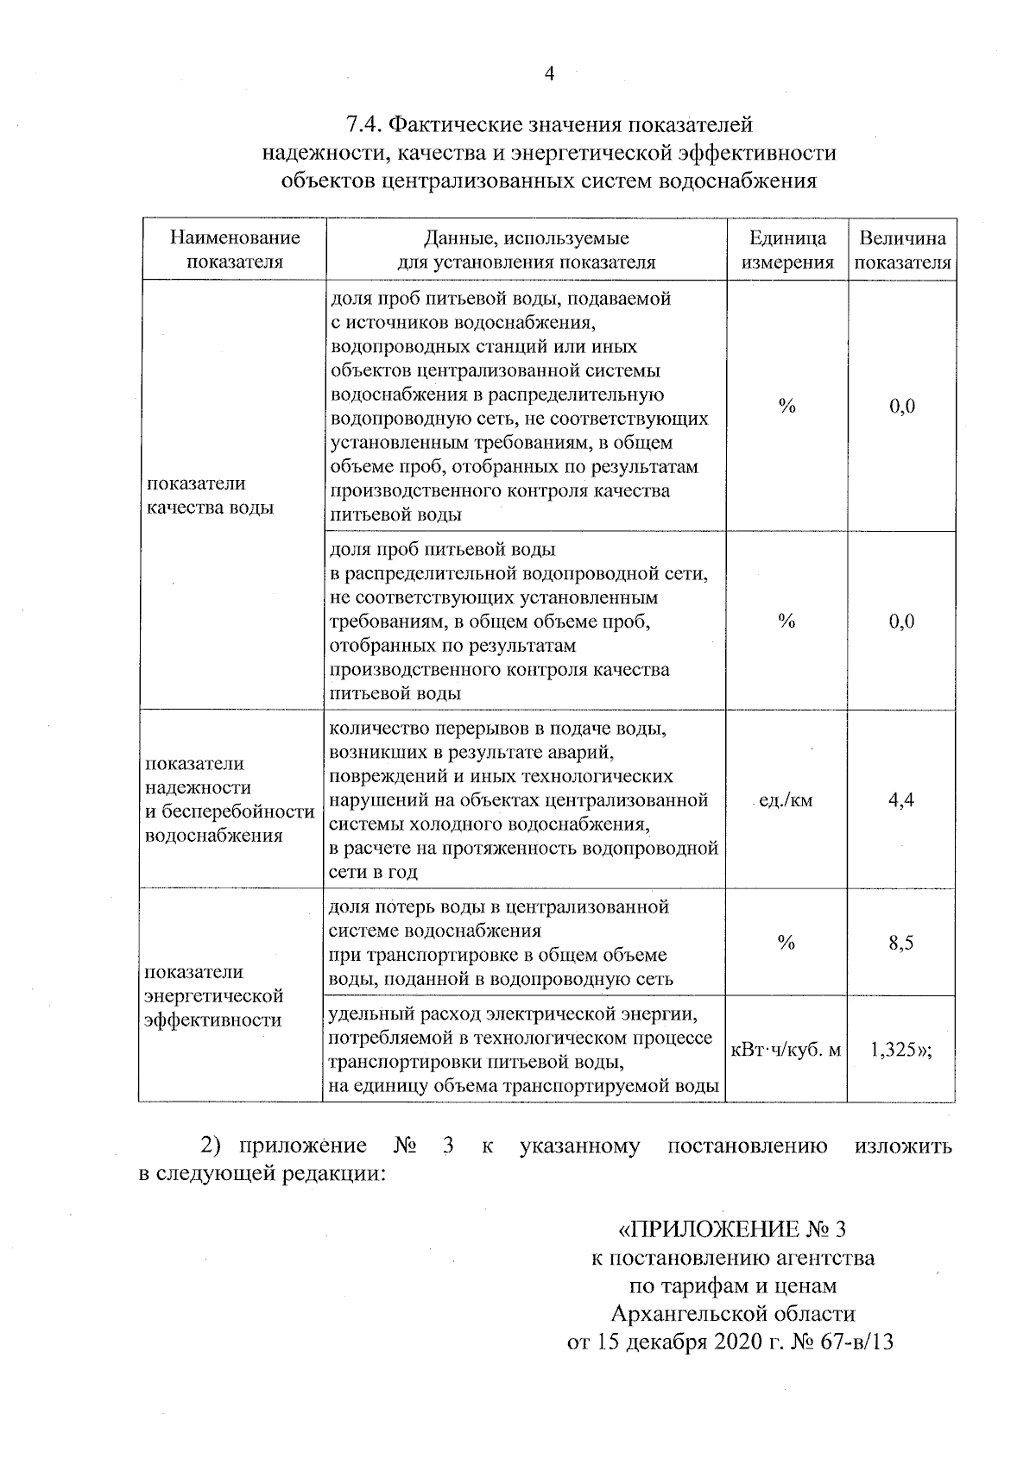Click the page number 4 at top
tap(549, 74)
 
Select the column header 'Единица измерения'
tap(786, 250)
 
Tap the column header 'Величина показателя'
tap(902, 250)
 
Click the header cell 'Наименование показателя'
tap(235, 250)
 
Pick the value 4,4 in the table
tap(901, 800)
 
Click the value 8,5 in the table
tap(901, 943)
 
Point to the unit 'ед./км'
tap(785, 801)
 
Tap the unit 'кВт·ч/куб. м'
tap(786, 1051)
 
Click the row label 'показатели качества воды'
tap(209, 496)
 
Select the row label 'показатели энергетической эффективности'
tap(213, 996)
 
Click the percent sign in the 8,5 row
tap(786, 943)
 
